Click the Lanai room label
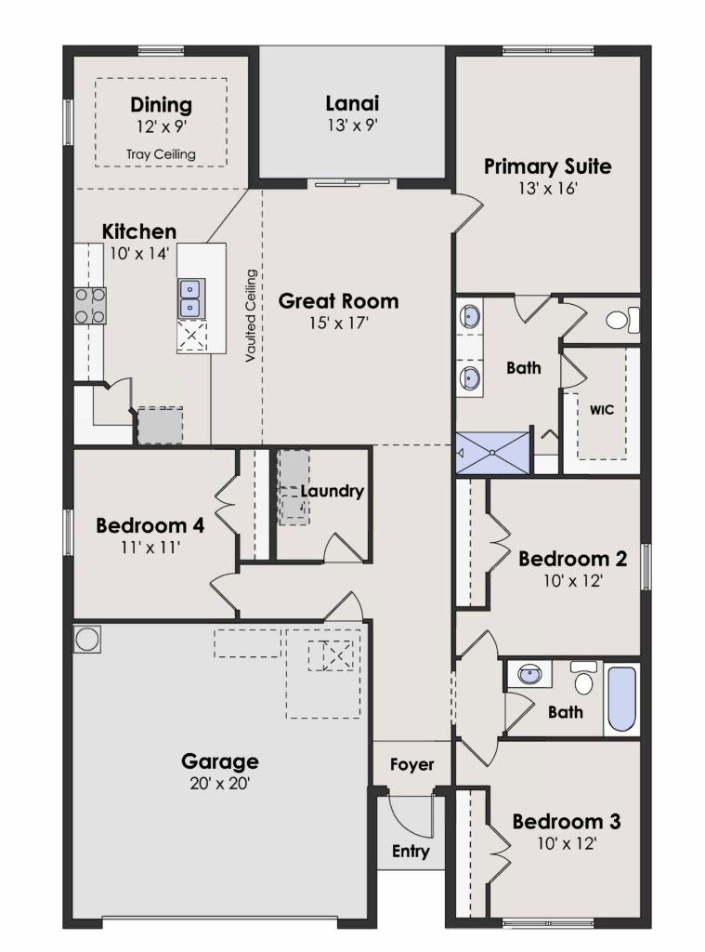352,103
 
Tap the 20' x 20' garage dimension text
219,783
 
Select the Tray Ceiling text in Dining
161,154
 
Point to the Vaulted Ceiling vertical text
251,316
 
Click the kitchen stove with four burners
90,305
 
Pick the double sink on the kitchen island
191,298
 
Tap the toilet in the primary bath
623,320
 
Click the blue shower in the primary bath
492,453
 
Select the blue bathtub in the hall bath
622,699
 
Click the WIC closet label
601,410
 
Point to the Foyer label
412,764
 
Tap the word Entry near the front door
411,852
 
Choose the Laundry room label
332,491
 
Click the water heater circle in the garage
86,640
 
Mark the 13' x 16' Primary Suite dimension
547,188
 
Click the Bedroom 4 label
150,525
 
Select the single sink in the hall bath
529,674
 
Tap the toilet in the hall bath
583,677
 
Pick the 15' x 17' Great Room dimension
338,323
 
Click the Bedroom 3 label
566,822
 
